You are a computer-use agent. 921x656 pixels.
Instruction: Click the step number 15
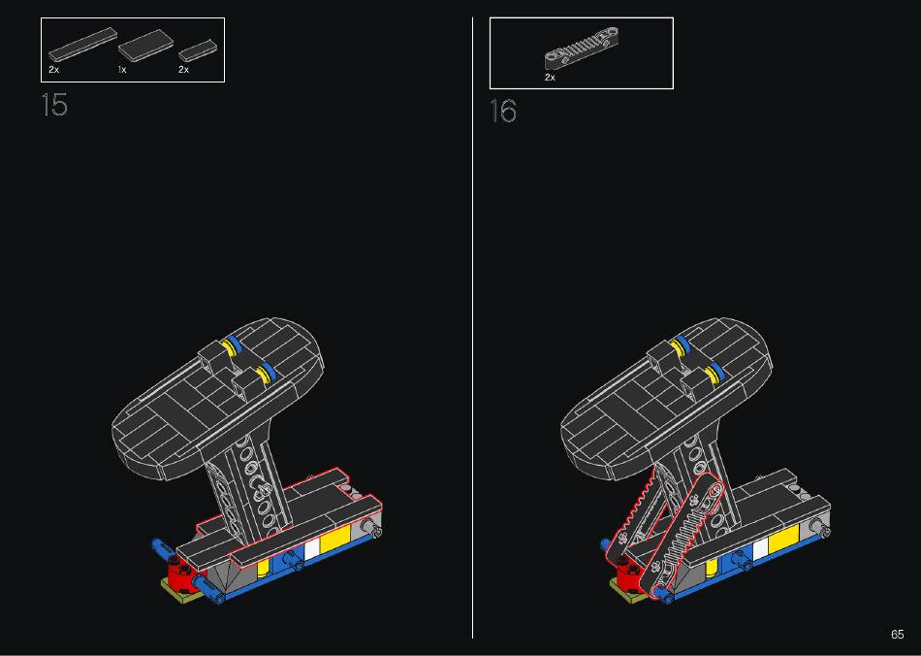pyautogui.click(x=54, y=105)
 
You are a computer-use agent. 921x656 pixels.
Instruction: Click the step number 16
pyautogui.click(x=503, y=111)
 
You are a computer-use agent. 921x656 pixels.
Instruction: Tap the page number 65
pyautogui.click(x=897, y=635)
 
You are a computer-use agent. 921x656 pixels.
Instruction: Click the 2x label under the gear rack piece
pyautogui.click(x=550, y=77)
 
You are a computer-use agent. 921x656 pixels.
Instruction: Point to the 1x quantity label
pyautogui.click(x=122, y=69)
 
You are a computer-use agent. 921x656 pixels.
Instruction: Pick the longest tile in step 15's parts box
pyautogui.click(x=82, y=45)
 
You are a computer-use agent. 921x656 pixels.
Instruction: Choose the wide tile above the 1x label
pyautogui.click(x=145, y=46)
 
